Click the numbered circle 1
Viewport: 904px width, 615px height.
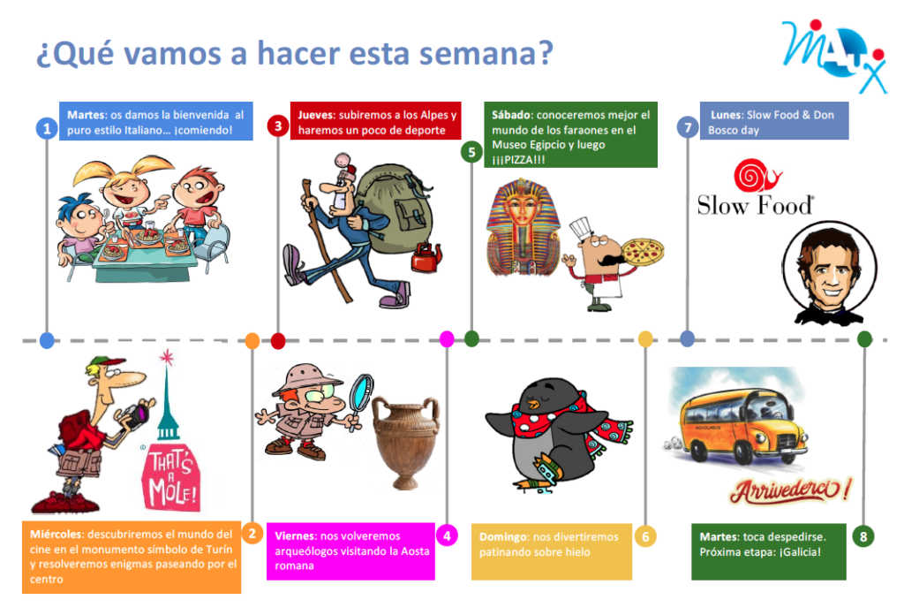point(47,128)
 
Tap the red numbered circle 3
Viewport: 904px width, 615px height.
point(278,125)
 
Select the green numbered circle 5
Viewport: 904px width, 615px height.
point(471,152)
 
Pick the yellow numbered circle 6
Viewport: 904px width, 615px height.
point(645,537)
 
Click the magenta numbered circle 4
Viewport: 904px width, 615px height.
point(447,536)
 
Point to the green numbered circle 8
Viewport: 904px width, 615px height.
point(863,537)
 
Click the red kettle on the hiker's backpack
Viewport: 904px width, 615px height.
point(426,257)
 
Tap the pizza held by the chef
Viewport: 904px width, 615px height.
point(643,252)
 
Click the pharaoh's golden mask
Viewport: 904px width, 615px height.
point(523,227)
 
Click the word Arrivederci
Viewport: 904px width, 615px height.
point(785,490)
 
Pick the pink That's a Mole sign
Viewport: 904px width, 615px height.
point(170,476)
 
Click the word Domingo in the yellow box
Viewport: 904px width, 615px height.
point(503,537)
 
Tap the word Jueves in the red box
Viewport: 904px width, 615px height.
point(316,115)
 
